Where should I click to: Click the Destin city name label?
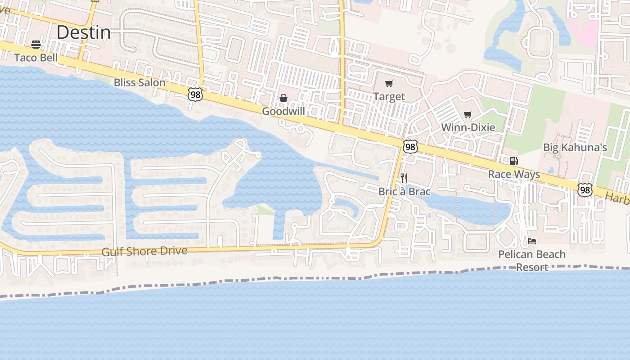click(84, 32)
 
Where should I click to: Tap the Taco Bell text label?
click(36, 58)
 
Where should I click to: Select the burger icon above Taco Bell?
click(36, 44)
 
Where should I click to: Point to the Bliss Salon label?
click(139, 82)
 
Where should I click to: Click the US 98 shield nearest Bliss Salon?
click(195, 94)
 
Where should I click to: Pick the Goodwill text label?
click(283, 111)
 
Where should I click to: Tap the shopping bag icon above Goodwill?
click(283, 98)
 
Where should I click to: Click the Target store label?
click(389, 96)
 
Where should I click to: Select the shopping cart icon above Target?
click(389, 83)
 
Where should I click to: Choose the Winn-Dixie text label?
click(468, 127)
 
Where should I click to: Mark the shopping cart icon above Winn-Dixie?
click(468, 114)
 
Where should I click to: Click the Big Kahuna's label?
click(575, 147)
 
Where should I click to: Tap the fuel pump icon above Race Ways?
click(513, 161)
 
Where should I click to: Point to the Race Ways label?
click(514, 174)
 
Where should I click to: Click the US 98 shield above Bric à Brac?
click(410, 147)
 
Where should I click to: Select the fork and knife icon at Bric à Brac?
click(404, 178)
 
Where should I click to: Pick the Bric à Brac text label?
click(404, 192)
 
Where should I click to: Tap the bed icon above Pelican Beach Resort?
click(532, 241)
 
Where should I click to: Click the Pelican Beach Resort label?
click(532, 261)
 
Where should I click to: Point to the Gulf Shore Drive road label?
click(144, 251)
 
